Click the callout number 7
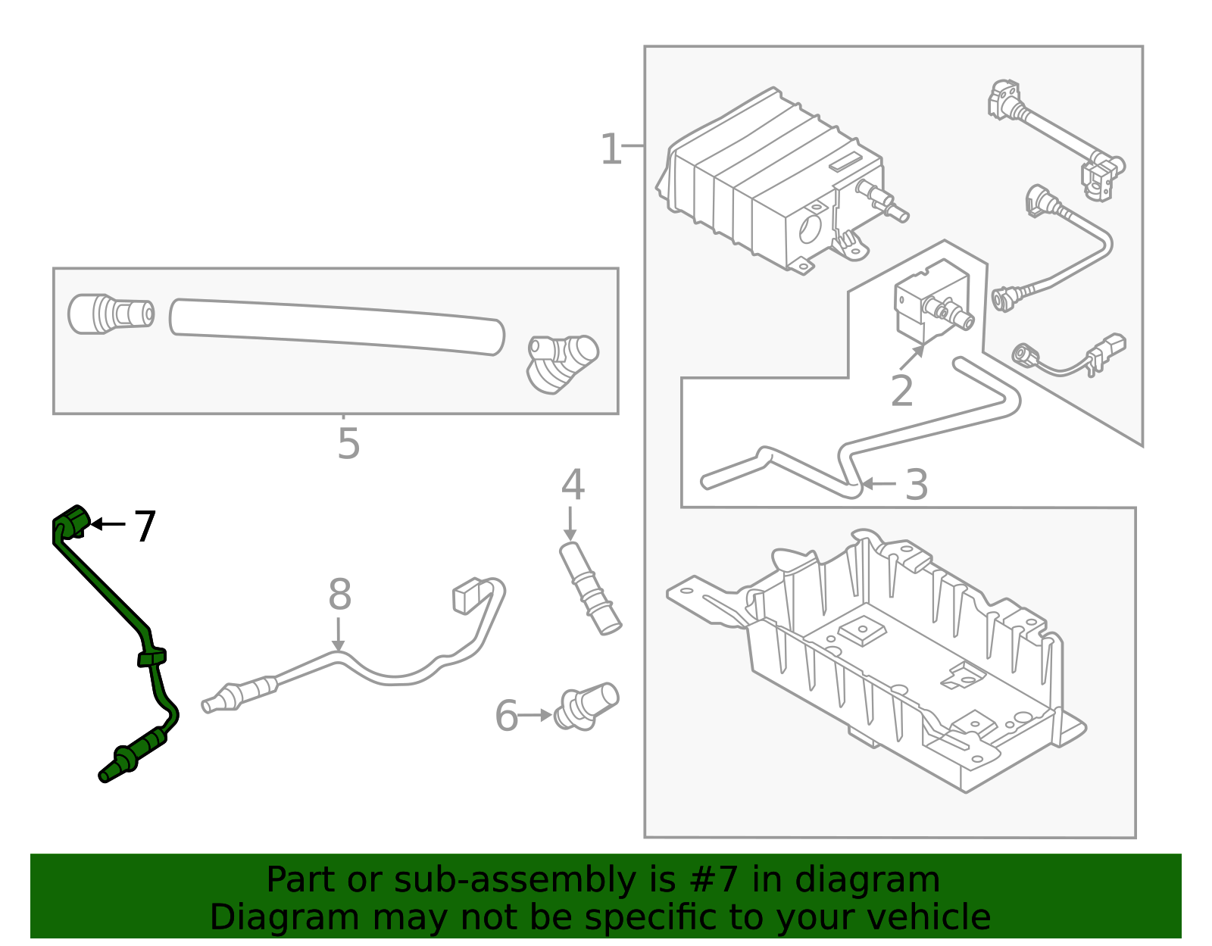(145, 526)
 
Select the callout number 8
(339, 595)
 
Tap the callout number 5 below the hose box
(348, 444)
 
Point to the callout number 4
(573, 485)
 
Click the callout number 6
(506, 717)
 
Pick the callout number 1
(611, 149)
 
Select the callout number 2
(901, 392)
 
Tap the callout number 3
(917, 485)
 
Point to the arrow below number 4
(570, 524)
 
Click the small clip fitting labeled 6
(587, 706)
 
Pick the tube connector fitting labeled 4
(590, 589)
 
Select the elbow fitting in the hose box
(562, 363)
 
